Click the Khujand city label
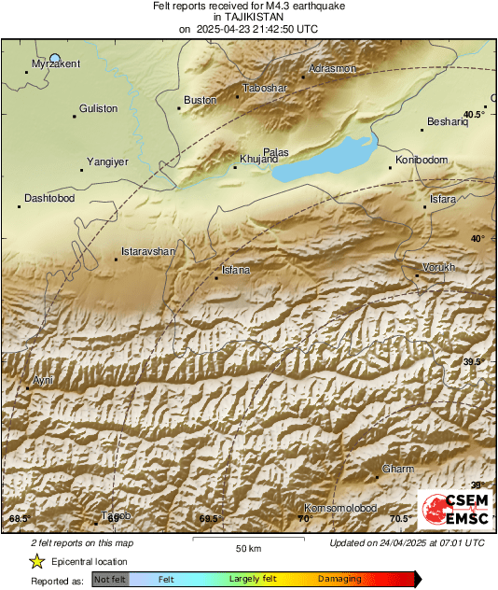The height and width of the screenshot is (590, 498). click(259, 160)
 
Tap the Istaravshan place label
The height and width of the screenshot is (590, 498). click(149, 252)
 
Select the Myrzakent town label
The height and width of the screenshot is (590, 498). click(56, 63)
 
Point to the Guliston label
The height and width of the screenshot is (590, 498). click(99, 108)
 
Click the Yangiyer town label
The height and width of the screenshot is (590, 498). click(106, 162)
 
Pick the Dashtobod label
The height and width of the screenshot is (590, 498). click(48, 198)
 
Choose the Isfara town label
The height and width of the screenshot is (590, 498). click(443, 199)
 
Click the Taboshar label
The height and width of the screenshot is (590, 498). click(266, 88)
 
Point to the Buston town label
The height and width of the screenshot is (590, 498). click(200, 100)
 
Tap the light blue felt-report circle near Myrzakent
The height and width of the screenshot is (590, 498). click(55, 58)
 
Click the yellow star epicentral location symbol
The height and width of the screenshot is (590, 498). click(36, 562)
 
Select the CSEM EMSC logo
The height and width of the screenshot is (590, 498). click(451, 510)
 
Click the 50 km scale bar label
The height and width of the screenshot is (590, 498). click(247, 548)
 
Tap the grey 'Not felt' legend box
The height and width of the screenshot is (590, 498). click(110, 579)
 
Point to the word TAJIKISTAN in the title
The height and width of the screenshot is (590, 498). click(248, 17)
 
